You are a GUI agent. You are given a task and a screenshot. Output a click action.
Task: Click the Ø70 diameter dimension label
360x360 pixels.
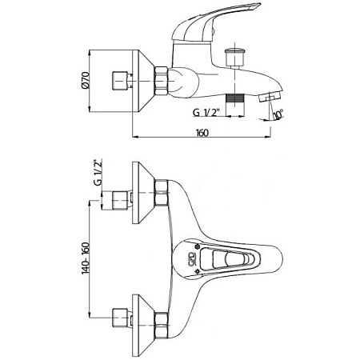pyautogui.click(x=86, y=80)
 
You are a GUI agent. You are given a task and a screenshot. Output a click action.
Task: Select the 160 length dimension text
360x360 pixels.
pyautogui.click(x=202, y=133)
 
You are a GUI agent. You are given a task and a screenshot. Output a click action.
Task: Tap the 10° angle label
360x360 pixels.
pyautogui.click(x=278, y=114)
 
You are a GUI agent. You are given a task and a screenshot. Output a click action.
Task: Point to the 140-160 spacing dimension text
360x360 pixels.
pyautogui.click(x=86, y=258)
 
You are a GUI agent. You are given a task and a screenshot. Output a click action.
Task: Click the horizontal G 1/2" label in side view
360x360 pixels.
pyautogui.click(x=206, y=113)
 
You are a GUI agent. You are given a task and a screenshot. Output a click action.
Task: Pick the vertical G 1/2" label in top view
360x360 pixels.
pyautogui.click(x=98, y=172)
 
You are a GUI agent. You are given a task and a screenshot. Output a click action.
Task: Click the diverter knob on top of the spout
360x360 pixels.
pyautogui.click(x=234, y=57)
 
